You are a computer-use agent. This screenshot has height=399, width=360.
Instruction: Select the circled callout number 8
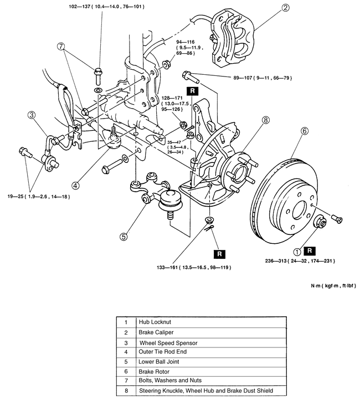pos(265,120)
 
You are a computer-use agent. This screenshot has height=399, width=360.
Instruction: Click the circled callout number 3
pos(33,115)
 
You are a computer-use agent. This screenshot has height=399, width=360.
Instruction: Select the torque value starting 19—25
pos(38,196)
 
